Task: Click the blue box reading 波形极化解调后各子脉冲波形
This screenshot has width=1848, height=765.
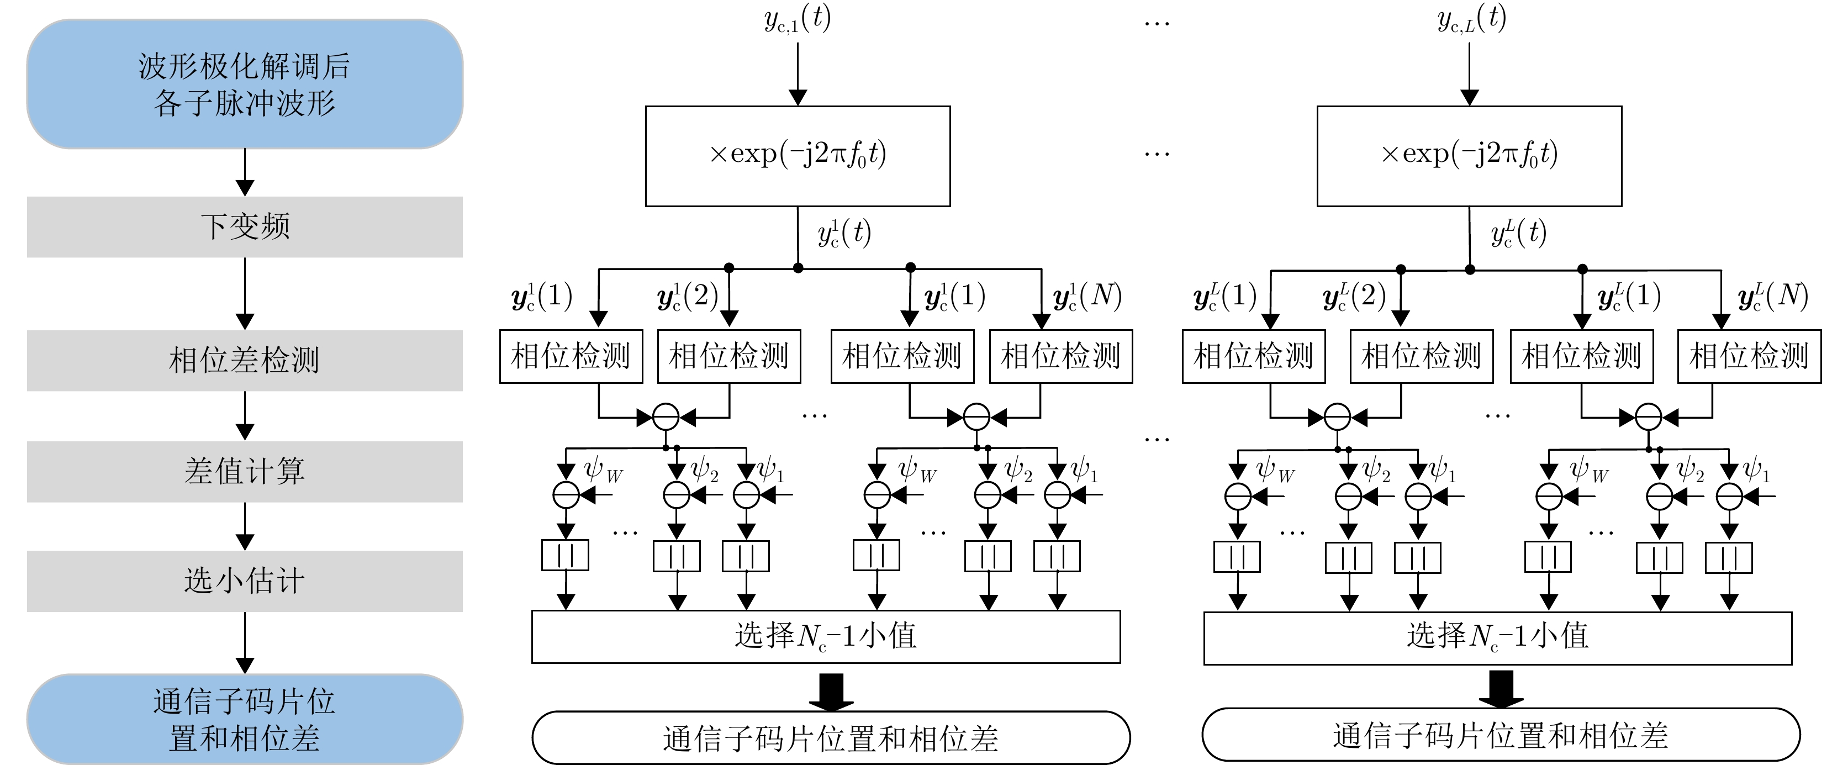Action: point(245,84)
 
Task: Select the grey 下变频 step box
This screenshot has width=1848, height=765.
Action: point(245,227)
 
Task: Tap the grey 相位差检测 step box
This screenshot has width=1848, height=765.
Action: point(245,360)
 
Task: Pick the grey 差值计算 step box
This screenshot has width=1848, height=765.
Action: point(245,472)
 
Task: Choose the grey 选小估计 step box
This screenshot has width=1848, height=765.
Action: point(245,581)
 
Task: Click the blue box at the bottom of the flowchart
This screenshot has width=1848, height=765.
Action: point(245,719)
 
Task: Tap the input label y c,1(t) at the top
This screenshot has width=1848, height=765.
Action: point(797,19)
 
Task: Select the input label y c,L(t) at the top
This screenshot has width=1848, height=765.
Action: point(1471,19)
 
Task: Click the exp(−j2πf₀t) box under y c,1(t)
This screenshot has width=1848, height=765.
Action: point(798,156)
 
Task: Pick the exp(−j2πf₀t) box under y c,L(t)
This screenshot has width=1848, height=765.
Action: point(1469,156)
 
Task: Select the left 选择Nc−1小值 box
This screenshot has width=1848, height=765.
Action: point(826,636)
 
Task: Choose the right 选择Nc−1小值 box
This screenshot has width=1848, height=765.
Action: point(1498,638)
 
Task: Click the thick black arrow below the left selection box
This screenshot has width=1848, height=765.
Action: point(831,691)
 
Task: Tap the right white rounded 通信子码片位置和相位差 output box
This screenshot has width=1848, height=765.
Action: point(1501,735)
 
